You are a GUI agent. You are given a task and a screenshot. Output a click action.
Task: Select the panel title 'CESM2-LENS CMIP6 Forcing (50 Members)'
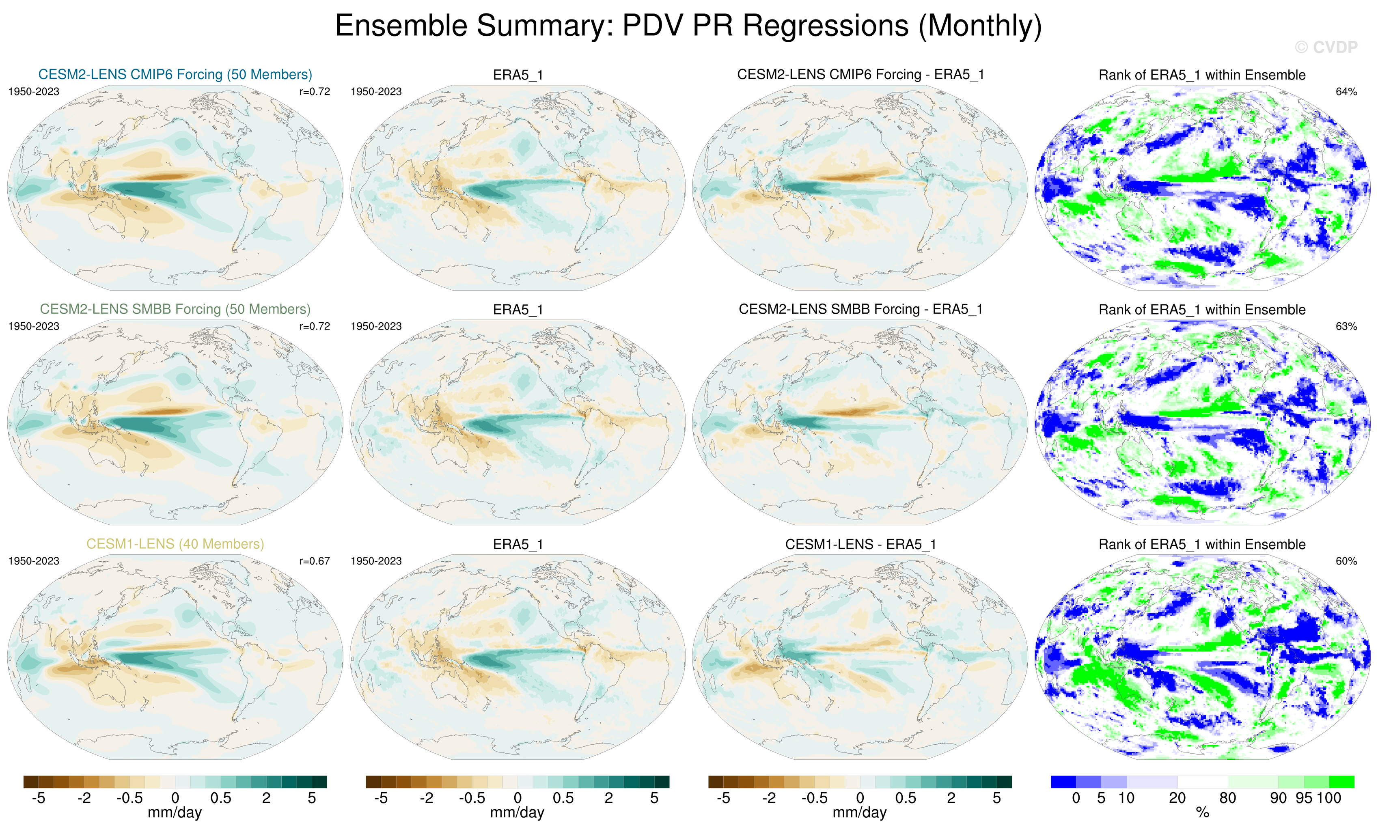(175, 74)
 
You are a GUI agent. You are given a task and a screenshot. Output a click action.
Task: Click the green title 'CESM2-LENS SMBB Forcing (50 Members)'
(175, 309)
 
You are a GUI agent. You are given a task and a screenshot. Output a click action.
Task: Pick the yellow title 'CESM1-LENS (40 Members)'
(175, 544)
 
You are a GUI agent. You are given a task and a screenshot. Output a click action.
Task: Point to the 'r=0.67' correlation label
(314, 561)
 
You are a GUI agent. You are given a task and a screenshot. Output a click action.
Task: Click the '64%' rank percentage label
(1346, 92)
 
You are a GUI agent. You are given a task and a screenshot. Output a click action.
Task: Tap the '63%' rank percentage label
(1346, 326)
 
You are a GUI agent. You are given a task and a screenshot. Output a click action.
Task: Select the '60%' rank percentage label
(1346, 561)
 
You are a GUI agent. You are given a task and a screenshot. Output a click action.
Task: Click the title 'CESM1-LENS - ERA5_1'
(860, 544)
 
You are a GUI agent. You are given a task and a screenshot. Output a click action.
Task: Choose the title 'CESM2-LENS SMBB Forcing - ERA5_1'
(860, 309)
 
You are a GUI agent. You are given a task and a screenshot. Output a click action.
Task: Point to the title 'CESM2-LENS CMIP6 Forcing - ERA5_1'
(860, 74)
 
